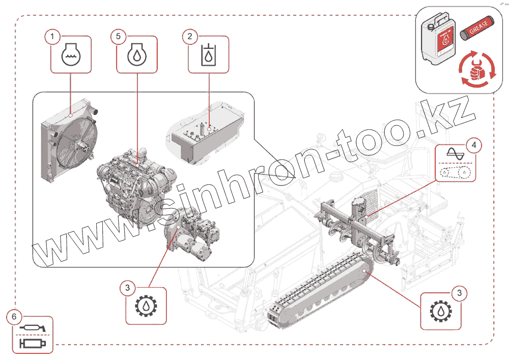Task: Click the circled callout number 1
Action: point(51,37)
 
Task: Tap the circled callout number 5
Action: point(118,37)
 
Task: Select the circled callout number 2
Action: point(190,37)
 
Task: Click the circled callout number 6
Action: point(14,317)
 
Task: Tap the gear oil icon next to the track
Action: point(441,311)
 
